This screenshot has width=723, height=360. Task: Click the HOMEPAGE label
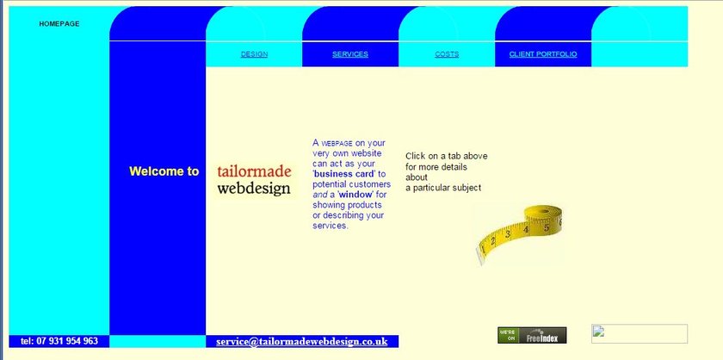[59, 23]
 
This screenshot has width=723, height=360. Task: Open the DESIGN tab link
[254, 54]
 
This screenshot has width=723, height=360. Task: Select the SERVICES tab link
[350, 54]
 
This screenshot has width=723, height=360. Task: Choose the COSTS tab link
[447, 54]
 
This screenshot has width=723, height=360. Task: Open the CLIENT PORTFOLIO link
[543, 54]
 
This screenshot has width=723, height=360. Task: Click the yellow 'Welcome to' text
[164, 171]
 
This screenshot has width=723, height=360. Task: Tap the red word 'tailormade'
[254, 171]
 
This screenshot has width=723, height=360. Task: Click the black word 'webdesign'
[254, 189]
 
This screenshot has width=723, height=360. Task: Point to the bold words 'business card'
[344, 174]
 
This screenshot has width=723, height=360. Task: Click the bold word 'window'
[355, 195]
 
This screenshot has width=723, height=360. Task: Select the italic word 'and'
[319, 195]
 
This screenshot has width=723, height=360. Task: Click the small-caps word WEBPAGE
[337, 144]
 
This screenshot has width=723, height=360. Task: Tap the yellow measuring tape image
[519, 234]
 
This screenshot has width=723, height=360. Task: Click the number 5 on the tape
[546, 227]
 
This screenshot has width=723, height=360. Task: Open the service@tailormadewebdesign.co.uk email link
[301, 342]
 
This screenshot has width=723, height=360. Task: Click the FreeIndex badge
[532, 335]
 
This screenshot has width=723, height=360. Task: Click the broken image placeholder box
[639, 333]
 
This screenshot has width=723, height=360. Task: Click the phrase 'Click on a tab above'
[447, 156]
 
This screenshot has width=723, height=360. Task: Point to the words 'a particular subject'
[443, 188]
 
